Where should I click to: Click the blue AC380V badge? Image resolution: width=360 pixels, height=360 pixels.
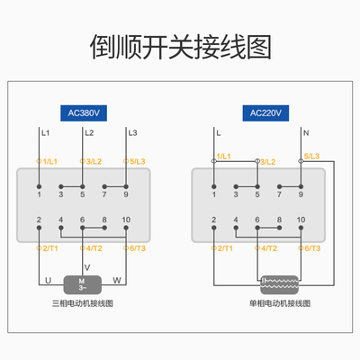coord(85,113)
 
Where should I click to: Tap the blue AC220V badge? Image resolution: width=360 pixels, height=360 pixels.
coord(263,113)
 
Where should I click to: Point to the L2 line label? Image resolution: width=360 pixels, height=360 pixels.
coord(88,133)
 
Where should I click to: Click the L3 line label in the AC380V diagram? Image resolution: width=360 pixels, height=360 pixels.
coord(132,133)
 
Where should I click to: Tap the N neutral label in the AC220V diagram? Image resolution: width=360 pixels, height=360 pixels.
coord(305,133)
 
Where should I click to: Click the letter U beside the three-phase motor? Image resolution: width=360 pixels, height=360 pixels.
coord(48,279)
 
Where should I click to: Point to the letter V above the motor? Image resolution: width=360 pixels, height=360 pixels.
coord(86,266)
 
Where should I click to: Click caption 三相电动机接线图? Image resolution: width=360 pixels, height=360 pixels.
coord(84,304)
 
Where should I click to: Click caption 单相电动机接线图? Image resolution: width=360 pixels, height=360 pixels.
coord(279,304)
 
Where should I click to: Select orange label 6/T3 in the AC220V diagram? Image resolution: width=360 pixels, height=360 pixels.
coord(310,247)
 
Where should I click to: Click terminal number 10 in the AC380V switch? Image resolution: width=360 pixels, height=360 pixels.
coord(126,219)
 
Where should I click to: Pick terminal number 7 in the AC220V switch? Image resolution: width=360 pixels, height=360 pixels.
coord(280,193)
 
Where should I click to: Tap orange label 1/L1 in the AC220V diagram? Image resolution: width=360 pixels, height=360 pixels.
coord(220,157)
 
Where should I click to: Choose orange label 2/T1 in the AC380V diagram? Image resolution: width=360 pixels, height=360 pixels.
coord(48,247)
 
